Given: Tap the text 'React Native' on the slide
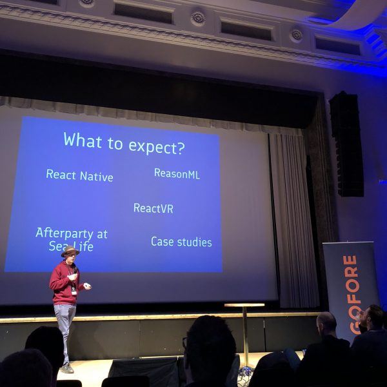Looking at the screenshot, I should click(x=79, y=175).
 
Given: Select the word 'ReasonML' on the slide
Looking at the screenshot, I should click(x=176, y=173).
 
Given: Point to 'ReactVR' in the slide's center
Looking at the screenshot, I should click(x=153, y=208).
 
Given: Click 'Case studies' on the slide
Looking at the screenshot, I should click(x=181, y=242).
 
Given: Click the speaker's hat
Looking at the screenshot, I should click(x=69, y=251).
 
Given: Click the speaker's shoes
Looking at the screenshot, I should click(x=66, y=368).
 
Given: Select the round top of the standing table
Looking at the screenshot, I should click(x=244, y=304).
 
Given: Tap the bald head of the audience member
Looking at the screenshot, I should click(x=326, y=321).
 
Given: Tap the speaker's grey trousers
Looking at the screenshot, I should click(x=64, y=329).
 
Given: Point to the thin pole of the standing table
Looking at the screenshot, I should click(x=245, y=335).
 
